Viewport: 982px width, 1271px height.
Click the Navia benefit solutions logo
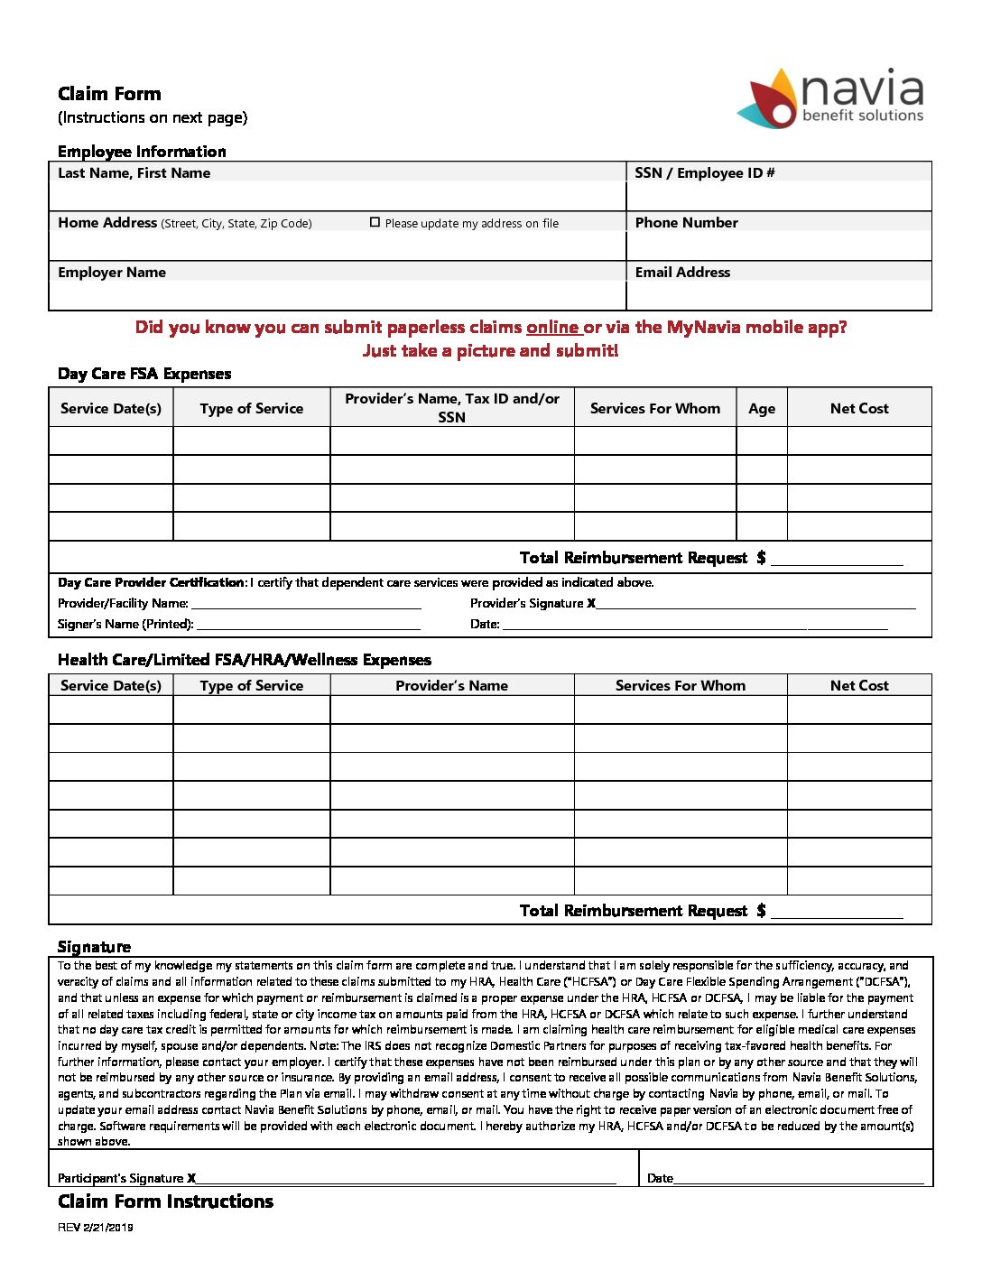pyautogui.click(x=831, y=97)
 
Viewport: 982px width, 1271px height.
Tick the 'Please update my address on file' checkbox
pyautogui.click(x=375, y=222)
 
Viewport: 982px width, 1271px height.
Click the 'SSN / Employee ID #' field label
pyautogui.click(x=704, y=173)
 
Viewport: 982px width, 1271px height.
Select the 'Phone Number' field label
pyautogui.click(x=686, y=223)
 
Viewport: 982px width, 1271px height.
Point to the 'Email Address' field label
pyautogui.click(x=682, y=273)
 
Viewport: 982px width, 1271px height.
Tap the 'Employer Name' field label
pyautogui.click(x=112, y=273)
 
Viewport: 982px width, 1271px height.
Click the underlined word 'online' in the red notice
pyautogui.click(x=552, y=328)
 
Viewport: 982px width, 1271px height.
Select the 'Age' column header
pyautogui.click(x=762, y=409)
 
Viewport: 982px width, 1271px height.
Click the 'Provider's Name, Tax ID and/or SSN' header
pyautogui.click(x=452, y=408)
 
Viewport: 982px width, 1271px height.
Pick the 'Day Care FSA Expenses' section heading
pyautogui.click(x=144, y=374)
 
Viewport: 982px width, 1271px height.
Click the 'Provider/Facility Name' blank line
pyautogui.click(x=306, y=605)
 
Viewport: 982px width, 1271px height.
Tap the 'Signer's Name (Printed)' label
pyautogui.click(x=125, y=624)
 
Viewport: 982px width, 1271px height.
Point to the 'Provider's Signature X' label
pyautogui.click(x=533, y=603)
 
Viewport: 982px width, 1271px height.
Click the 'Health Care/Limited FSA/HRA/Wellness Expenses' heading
pyautogui.click(x=245, y=660)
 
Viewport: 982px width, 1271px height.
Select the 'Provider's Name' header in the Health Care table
pyautogui.click(x=451, y=686)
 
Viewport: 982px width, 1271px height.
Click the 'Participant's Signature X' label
pyautogui.click(x=127, y=1178)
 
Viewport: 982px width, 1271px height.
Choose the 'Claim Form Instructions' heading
pyautogui.click(x=165, y=1201)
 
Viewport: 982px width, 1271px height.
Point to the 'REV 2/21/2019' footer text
pyautogui.click(x=96, y=1228)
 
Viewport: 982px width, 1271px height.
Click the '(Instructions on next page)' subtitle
pyautogui.click(x=153, y=117)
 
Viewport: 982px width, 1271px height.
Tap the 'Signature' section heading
pyautogui.click(x=94, y=947)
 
